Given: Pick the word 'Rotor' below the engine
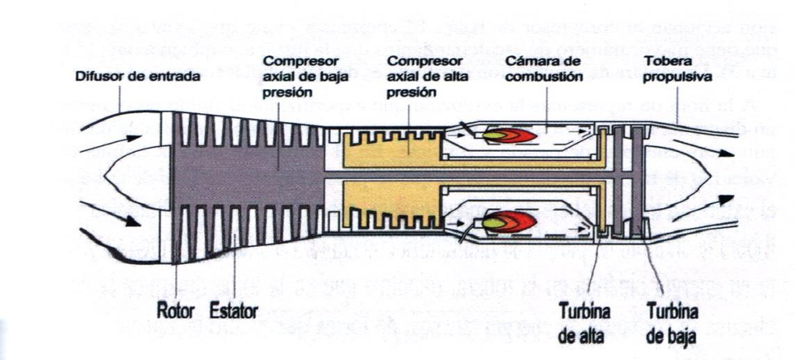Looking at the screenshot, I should point(174,312).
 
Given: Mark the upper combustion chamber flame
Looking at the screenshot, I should point(505,135).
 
